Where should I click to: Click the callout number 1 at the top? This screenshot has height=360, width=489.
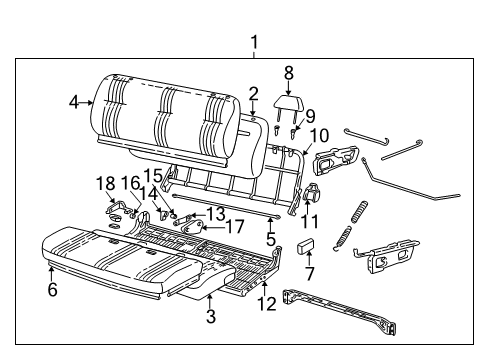(254, 42)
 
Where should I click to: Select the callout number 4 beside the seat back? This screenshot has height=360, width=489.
(73, 101)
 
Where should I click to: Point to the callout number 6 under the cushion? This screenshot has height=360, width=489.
(51, 290)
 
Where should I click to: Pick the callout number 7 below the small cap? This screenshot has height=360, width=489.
(309, 273)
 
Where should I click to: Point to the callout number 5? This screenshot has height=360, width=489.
(269, 240)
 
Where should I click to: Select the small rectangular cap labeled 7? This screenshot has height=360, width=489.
(307, 246)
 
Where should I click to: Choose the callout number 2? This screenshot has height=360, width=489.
(254, 93)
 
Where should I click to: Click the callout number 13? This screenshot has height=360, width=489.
(215, 212)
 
